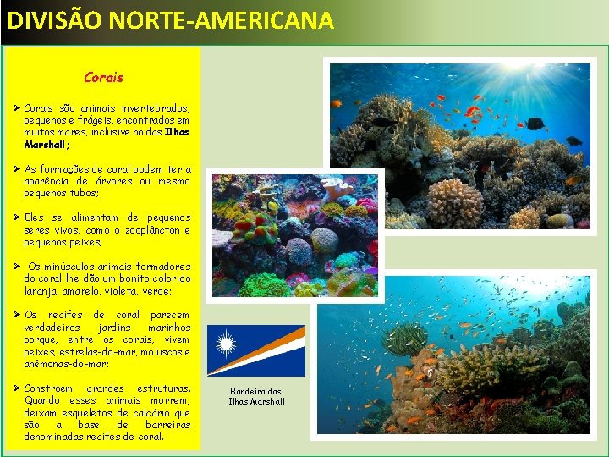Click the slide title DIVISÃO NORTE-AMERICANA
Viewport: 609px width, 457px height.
point(170,20)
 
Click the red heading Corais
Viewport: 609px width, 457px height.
point(103,77)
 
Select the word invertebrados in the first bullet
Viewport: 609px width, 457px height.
point(156,108)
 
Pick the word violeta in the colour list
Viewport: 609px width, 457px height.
point(128,290)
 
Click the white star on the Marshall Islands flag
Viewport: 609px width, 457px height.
point(225,344)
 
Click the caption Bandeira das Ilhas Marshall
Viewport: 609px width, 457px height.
point(256,396)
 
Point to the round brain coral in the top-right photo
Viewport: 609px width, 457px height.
point(454,201)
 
